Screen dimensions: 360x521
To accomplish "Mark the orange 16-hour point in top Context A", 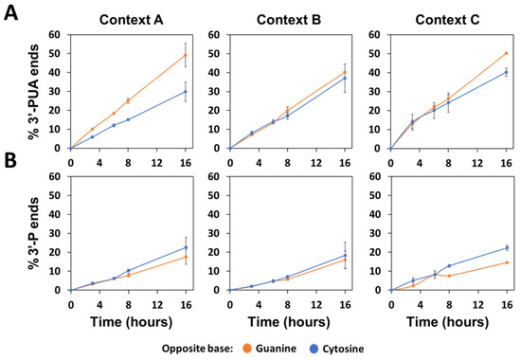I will tap(186, 55).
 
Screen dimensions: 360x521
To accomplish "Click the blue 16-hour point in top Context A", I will tap(186, 92).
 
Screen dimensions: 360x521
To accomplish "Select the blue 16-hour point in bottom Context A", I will tap(186, 247).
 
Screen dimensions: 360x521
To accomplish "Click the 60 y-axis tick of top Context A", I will tap(61, 35).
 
